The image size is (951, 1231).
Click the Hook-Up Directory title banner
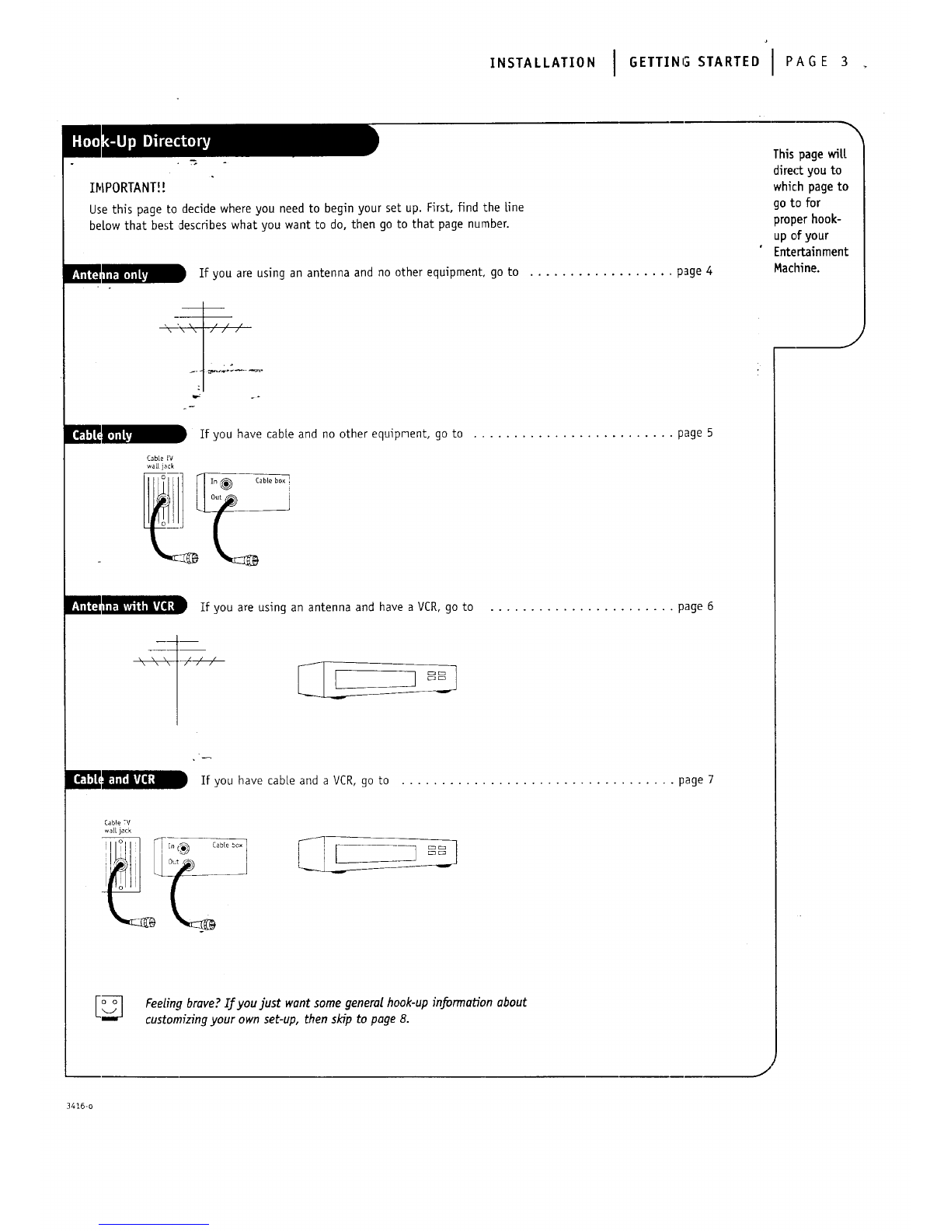coord(220,141)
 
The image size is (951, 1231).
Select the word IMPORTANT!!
coord(127,187)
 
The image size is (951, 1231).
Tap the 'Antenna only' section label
coord(124,274)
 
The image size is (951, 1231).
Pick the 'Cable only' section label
coord(124,434)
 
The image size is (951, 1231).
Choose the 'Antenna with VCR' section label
coord(125,605)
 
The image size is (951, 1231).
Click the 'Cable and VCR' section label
coord(125,779)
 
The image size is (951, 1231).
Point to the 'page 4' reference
coord(695,271)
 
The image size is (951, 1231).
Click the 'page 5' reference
coord(695,434)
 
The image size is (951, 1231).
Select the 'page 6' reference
coord(695,607)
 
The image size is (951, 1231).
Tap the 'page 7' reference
coord(696,780)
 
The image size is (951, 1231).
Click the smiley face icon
coord(110,1007)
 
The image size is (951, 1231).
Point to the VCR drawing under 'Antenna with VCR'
coord(378,679)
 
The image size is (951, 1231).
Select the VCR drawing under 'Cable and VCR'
coord(378,854)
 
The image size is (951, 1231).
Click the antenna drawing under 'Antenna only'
coord(204,346)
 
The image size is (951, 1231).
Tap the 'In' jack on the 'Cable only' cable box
coord(226,483)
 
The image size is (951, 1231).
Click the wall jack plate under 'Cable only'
coord(163,500)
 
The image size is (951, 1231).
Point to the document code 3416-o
coord(79,1106)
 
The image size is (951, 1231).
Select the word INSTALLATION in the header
coord(542,62)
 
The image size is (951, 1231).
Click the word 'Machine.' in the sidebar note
coord(796,268)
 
